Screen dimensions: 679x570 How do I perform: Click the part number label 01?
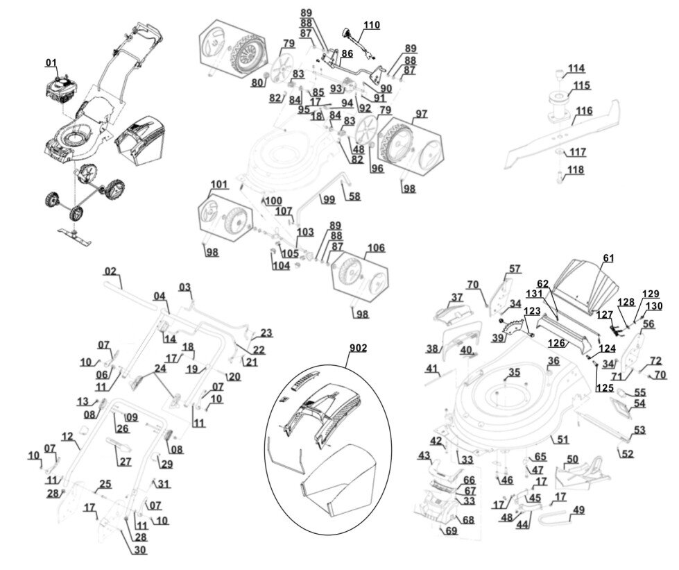[x=51, y=63]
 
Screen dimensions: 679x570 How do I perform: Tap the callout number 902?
[x=359, y=348]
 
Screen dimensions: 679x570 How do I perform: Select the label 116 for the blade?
[x=584, y=110]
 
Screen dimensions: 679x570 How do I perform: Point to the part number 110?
[x=372, y=25]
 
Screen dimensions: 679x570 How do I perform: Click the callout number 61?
[x=608, y=258]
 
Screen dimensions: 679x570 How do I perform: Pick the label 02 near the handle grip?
[x=110, y=271]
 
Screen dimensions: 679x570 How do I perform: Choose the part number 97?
[x=421, y=114]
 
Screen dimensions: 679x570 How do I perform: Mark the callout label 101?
[x=219, y=184]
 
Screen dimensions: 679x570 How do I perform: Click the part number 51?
[x=562, y=439]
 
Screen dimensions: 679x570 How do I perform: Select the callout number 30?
[x=140, y=550]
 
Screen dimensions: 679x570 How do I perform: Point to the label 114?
[x=576, y=68]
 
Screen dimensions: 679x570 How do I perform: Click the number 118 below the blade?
[x=576, y=169]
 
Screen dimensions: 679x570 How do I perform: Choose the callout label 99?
[x=329, y=199]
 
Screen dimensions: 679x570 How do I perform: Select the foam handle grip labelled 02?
[x=130, y=295]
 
